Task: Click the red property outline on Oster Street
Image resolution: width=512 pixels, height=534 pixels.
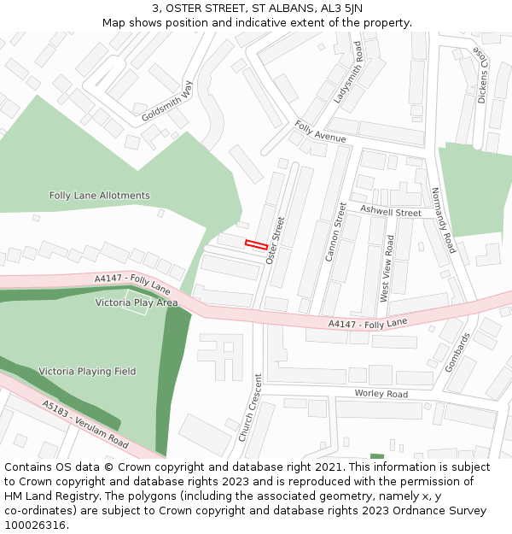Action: (x=256, y=245)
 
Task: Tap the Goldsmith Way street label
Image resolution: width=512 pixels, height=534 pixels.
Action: (x=168, y=102)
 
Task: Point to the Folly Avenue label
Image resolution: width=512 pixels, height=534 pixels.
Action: (x=320, y=132)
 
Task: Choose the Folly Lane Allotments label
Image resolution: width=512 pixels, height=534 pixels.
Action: (x=99, y=196)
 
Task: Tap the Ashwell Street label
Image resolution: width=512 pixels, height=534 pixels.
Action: (x=390, y=211)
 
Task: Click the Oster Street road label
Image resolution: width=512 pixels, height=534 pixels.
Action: (x=275, y=239)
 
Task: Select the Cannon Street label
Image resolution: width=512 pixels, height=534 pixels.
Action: (x=335, y=232)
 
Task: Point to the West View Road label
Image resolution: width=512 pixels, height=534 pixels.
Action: (x=386, y=268)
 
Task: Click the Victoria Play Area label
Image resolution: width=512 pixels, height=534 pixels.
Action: (x=137, y=302)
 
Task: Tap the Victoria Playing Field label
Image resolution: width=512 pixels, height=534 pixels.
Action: (x=87, y=372)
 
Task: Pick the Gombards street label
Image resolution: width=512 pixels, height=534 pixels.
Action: (x=457, y=352)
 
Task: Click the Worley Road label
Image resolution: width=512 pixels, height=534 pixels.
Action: (x=381, y=394)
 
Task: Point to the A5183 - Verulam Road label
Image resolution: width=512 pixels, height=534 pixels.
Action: (x=85, y=425)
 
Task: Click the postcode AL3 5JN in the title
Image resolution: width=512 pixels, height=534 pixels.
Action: (x=342, y=8)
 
